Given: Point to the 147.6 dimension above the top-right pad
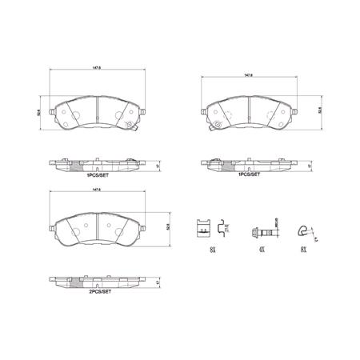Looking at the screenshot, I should tap(248, 77).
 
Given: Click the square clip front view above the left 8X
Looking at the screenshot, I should tap(204, 230).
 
